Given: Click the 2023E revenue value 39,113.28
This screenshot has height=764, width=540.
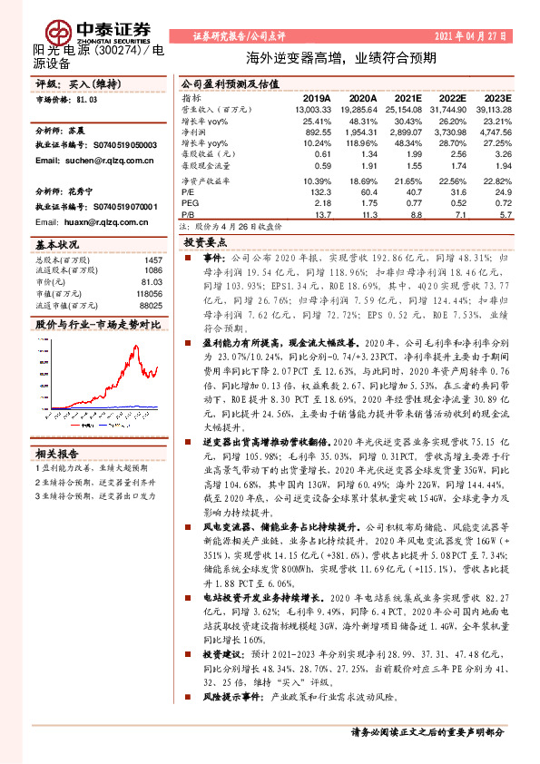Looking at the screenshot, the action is click(492, 109).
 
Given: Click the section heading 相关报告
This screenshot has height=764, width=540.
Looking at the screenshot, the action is click(60, 453).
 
